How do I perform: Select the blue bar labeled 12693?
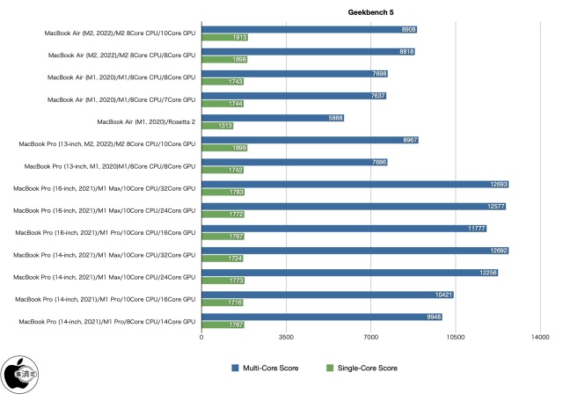click(355, 184)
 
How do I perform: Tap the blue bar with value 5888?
click(273, 117)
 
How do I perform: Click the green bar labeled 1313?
click(217, 126)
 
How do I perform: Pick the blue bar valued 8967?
click(310, 140)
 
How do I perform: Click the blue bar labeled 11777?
click(344, 228)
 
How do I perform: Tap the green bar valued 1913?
click(224, 38)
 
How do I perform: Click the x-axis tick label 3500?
click(287, 336)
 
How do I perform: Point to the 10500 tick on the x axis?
click(456, 336)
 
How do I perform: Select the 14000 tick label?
click(540, 336)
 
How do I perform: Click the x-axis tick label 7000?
click(371, 336)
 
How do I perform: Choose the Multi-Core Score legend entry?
click(266, 368)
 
